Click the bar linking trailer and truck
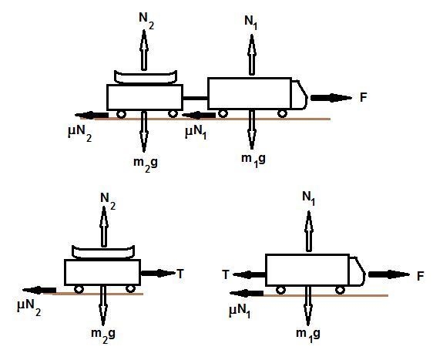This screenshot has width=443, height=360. click(x=195, y=98)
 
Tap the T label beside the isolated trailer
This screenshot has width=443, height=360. click(x=180, y=274)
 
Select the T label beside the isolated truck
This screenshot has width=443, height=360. click(x=226, y=274)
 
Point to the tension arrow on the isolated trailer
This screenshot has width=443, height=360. click(x=158, y=273)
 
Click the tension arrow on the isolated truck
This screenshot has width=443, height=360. click(x=250, y=274)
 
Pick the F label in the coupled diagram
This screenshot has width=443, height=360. click(x=364, y=97)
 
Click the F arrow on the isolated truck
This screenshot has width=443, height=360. click(x=389, y=274)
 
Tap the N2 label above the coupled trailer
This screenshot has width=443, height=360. click(x=146, y=21)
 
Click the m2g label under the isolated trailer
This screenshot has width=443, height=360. click(x=103, y=335)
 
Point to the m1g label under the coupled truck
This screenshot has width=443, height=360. click(x=253, y=160)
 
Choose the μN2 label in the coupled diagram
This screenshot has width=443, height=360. click(x=80, y=133)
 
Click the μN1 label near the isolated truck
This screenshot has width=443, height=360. click(x=240, y=311)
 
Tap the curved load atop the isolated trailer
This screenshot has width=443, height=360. click(x=103, y=253)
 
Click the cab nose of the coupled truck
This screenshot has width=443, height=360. click(x=300, y=95)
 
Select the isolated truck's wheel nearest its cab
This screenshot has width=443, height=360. click(x=340, y=290)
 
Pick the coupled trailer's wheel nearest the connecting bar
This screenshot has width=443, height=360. click(x=173, y=113)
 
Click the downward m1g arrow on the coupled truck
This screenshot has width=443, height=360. click(x=252, y=130)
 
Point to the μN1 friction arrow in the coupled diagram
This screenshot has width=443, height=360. click(x=199, y=115)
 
